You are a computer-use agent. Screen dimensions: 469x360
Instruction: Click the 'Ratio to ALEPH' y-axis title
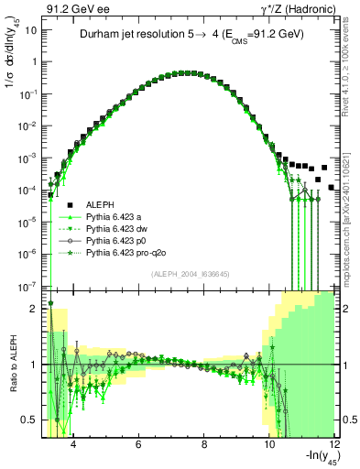[12, 364]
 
